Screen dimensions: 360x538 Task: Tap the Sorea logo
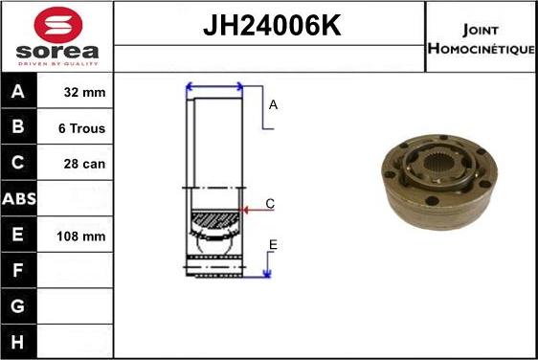pos(56,35)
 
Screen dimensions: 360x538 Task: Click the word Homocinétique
pos(481,48)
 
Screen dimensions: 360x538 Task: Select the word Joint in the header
pos(481,29)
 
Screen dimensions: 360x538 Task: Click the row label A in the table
pos(19,93)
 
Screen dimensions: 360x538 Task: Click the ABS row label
pos(19,200)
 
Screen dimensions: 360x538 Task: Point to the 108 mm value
pos(82,236)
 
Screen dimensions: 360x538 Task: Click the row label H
pos(19,341)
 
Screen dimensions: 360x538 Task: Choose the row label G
pos(19,306)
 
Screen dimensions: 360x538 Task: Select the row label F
pos(19,271)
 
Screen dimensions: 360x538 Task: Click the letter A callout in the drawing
pos(273,105)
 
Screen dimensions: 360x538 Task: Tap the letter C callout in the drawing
pos(270,203)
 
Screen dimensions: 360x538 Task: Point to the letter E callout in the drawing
pos(272,246)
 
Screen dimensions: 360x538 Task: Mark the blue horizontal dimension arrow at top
pos(214,87)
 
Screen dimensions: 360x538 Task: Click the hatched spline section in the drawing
pos(214,225)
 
